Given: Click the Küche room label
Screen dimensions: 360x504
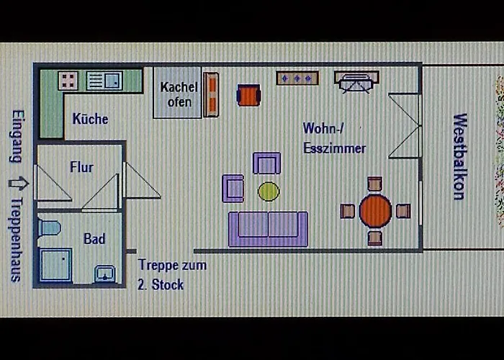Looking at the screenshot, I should tap(91, 119).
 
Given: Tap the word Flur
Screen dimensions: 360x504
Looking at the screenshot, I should tap(81, 167).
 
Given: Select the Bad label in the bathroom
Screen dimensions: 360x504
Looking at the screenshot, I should tap(94, 238).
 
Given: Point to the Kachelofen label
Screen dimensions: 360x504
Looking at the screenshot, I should tap(177, 94).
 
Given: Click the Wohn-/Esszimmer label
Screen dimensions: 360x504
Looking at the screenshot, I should tap(333, 138).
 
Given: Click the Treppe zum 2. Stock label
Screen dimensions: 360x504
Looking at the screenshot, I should tap(172, 274).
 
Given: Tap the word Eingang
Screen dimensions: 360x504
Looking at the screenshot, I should tap(16, 136).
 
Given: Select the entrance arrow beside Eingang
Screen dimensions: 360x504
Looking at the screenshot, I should tap(14, 182).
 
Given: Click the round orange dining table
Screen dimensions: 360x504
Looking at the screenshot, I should tap(375, 211).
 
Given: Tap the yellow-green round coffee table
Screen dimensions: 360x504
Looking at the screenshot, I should tap(269, 191).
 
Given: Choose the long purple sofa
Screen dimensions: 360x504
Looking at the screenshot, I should tap(268, 228).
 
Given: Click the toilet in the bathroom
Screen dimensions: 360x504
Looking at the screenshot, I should tap(50, 228).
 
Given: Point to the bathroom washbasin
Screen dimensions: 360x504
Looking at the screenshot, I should tap(104, 274).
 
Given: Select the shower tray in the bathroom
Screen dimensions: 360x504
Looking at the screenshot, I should tap(55, 264).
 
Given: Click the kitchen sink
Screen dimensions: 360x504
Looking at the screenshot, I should tap(105, 81).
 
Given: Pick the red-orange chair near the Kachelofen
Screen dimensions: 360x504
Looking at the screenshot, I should tap(248, 95).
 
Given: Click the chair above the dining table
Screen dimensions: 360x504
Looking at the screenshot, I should tap(374, 184).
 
